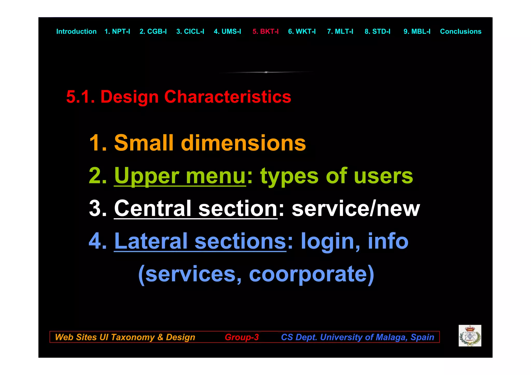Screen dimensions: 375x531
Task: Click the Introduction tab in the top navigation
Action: (76, 31)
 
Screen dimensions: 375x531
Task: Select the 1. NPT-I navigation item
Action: (117, 31)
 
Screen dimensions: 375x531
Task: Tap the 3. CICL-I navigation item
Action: (190, 31)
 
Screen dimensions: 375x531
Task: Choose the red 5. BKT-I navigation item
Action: (265, 31)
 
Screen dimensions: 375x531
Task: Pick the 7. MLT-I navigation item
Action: (340, 31)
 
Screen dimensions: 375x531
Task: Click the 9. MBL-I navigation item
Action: (417, 31)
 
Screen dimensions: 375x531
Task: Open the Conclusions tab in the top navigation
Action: (460, 31)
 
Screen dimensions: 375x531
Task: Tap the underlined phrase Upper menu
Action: (180, 176)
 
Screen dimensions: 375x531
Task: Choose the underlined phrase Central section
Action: (196, 208)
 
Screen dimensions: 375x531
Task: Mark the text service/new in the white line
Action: (355, 208)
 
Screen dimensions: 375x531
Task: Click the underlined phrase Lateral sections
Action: (200, 241)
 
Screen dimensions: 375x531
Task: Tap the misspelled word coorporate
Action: (311, 274)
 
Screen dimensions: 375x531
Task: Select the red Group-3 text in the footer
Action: (242, 337)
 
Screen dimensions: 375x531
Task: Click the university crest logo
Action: (470, 336)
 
